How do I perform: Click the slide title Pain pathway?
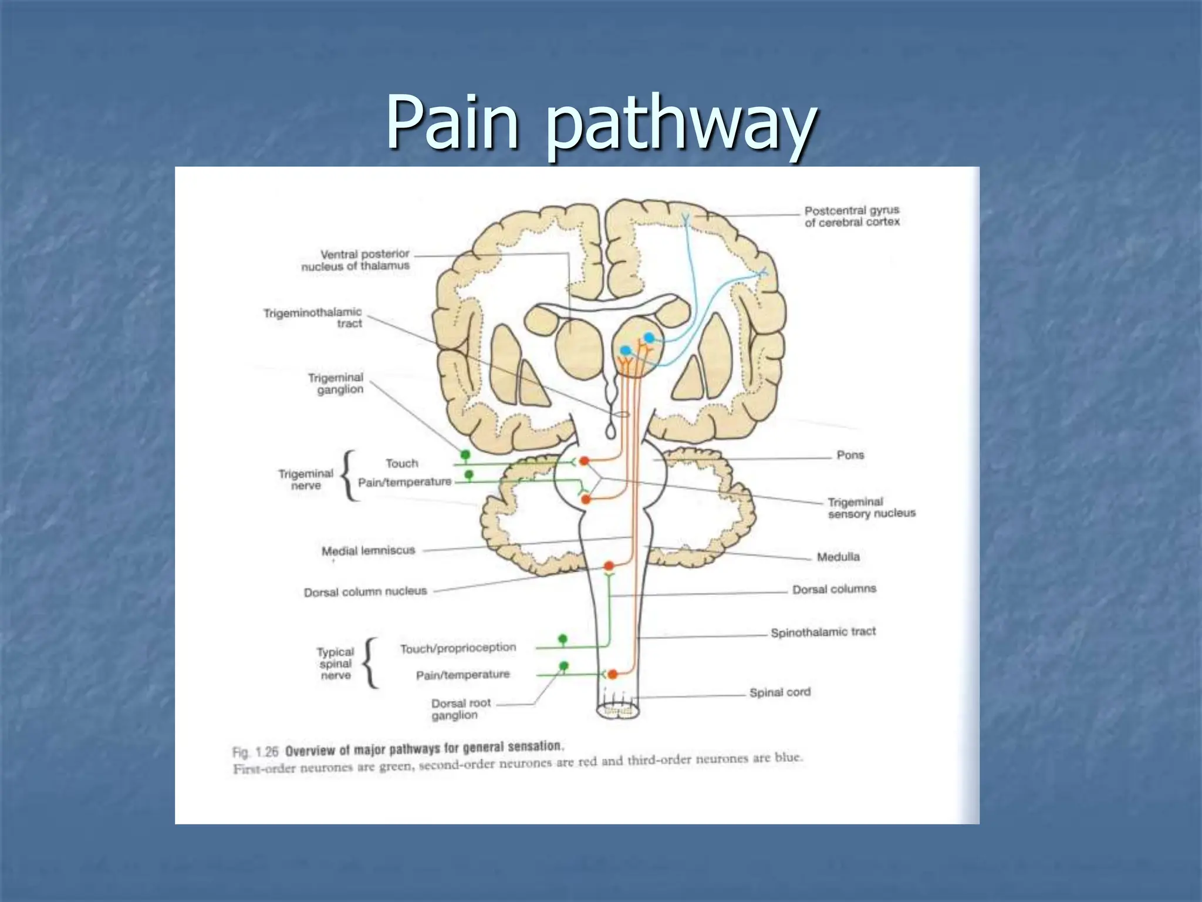tap(600, 123)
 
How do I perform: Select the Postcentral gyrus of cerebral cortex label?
tap(852, 216)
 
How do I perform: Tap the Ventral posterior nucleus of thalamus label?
tap(356, 260)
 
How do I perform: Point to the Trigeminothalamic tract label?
tap(313, 318)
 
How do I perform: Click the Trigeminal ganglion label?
tap(336, 383)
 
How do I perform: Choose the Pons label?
tap(850, 455)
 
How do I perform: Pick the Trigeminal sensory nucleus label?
tap(871, 507)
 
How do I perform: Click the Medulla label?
tap(838, 557)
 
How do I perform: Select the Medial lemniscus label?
tap(368, 551)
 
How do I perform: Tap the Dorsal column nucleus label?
tap(365, 592)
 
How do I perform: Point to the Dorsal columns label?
tap(834, 589)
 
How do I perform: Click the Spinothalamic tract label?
tap(823, 632)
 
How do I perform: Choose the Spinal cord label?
tap(779, 692)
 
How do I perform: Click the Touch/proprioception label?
tap(458, 648)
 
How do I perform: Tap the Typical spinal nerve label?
tap(335, 664)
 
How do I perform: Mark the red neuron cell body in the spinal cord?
tap(612, 674)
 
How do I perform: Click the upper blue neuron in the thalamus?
tap(649, 338)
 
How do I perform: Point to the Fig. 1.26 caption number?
tap(255, 752)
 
